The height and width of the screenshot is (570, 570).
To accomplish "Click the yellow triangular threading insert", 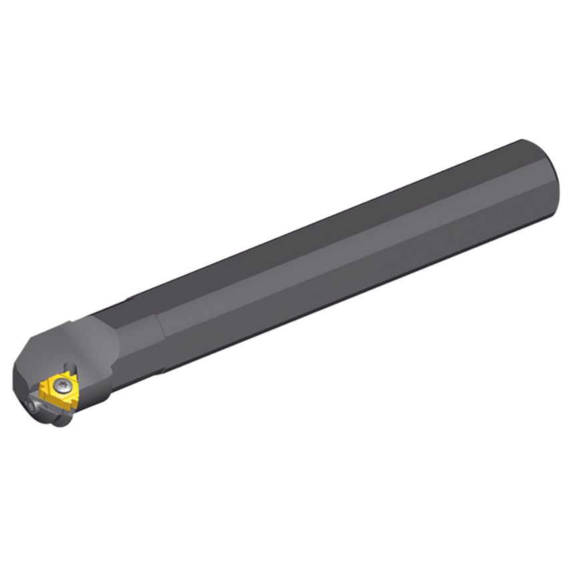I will pyautogui.click(x=59, y=390).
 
